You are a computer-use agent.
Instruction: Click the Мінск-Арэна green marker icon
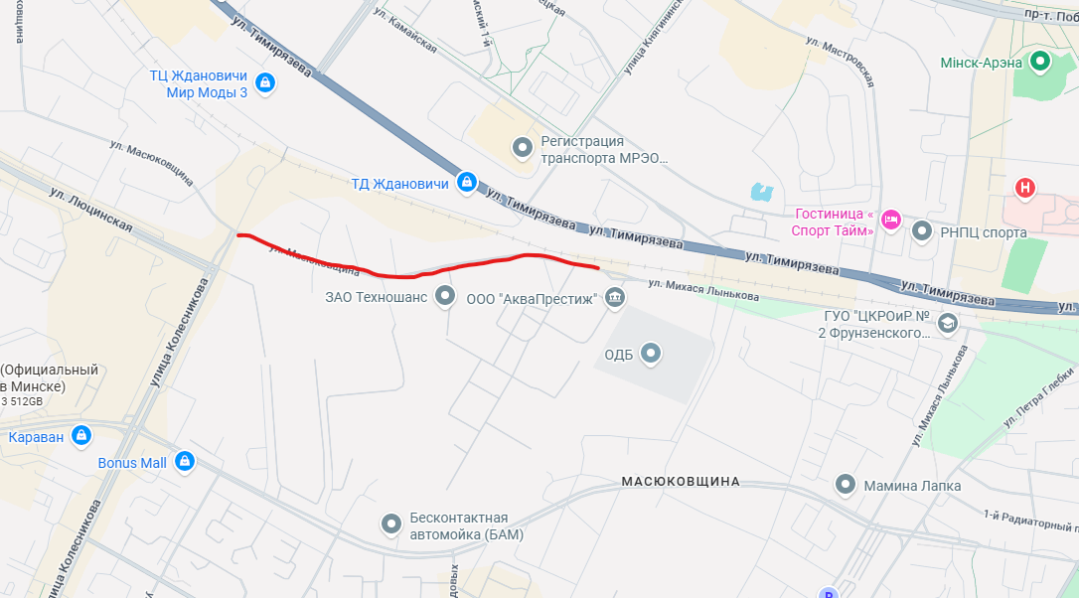1040,63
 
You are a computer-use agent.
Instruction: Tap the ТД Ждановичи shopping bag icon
466,183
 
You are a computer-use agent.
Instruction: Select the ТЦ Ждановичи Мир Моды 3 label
198,83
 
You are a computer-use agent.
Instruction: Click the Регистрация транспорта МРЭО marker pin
523,149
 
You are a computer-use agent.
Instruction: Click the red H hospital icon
1025,188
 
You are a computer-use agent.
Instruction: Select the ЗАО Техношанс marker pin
445,296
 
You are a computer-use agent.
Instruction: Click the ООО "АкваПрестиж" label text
532,297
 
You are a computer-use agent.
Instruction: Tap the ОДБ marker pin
651,353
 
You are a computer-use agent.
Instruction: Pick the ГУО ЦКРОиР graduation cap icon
948,322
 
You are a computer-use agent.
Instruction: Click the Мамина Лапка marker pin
846,485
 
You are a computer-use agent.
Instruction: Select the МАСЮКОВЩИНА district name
681,482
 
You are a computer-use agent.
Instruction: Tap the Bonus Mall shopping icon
184,462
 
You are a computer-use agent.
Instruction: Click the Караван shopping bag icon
81,436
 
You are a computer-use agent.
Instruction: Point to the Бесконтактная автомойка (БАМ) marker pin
392,524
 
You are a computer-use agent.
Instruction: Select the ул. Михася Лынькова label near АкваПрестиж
702,291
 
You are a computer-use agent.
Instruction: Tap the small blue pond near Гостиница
762,191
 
